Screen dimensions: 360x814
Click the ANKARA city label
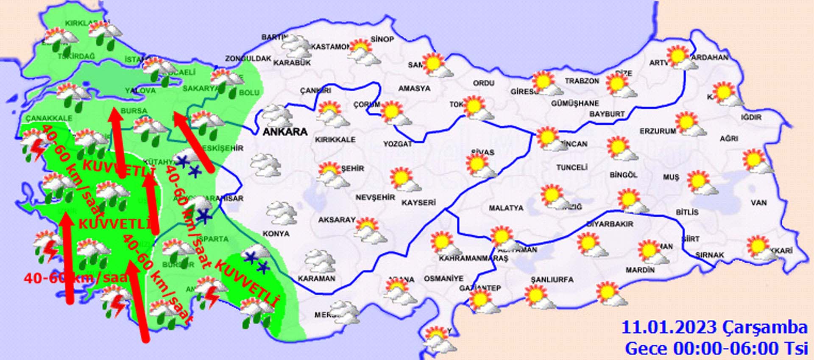(285, 131)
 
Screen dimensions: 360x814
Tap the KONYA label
(276, 234)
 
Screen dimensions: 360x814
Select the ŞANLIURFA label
(552, 279)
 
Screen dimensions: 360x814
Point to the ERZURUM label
(658, 131)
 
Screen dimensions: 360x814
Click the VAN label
(758, 203)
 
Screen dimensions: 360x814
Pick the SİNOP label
(382, 39)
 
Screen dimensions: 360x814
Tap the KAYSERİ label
(418, 203)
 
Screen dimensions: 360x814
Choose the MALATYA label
(506, 208)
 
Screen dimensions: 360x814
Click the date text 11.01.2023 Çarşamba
(714, 328)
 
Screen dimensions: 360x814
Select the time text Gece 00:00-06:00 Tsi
(716, 349)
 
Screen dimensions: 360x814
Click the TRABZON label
(582, 81)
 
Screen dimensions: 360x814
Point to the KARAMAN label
(316, 279)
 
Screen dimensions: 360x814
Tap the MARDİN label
(640, 270)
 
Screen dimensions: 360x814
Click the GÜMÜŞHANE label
(575, 103)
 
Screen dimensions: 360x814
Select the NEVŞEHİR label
(375, 198)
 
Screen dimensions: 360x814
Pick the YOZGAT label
(398, 144)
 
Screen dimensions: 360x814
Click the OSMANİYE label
(443, 279)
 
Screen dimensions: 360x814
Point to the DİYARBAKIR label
(610, 224)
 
